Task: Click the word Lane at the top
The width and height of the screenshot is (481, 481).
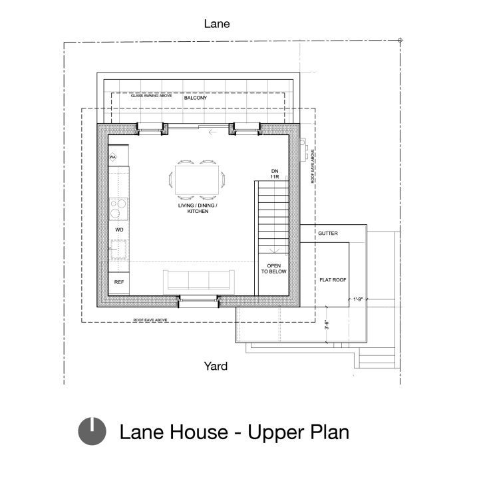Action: click(217, 24)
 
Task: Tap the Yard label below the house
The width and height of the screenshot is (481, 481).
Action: click(216, 366)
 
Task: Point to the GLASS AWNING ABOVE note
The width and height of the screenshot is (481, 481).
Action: click(151, 96)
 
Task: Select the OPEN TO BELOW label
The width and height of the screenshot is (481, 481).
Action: click(273, 269)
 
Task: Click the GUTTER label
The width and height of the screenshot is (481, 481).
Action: click(328, 234)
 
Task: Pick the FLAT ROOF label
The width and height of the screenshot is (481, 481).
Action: click(332, 280)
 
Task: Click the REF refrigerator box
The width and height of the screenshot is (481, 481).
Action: click(119, 283)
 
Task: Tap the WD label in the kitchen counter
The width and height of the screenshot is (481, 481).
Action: click(120, 230)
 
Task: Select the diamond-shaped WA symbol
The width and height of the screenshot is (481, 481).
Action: click(113, 158)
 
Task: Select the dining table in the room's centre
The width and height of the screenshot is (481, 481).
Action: click(198, 178)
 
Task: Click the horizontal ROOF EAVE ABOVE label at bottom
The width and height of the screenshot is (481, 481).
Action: click(150, 320)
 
